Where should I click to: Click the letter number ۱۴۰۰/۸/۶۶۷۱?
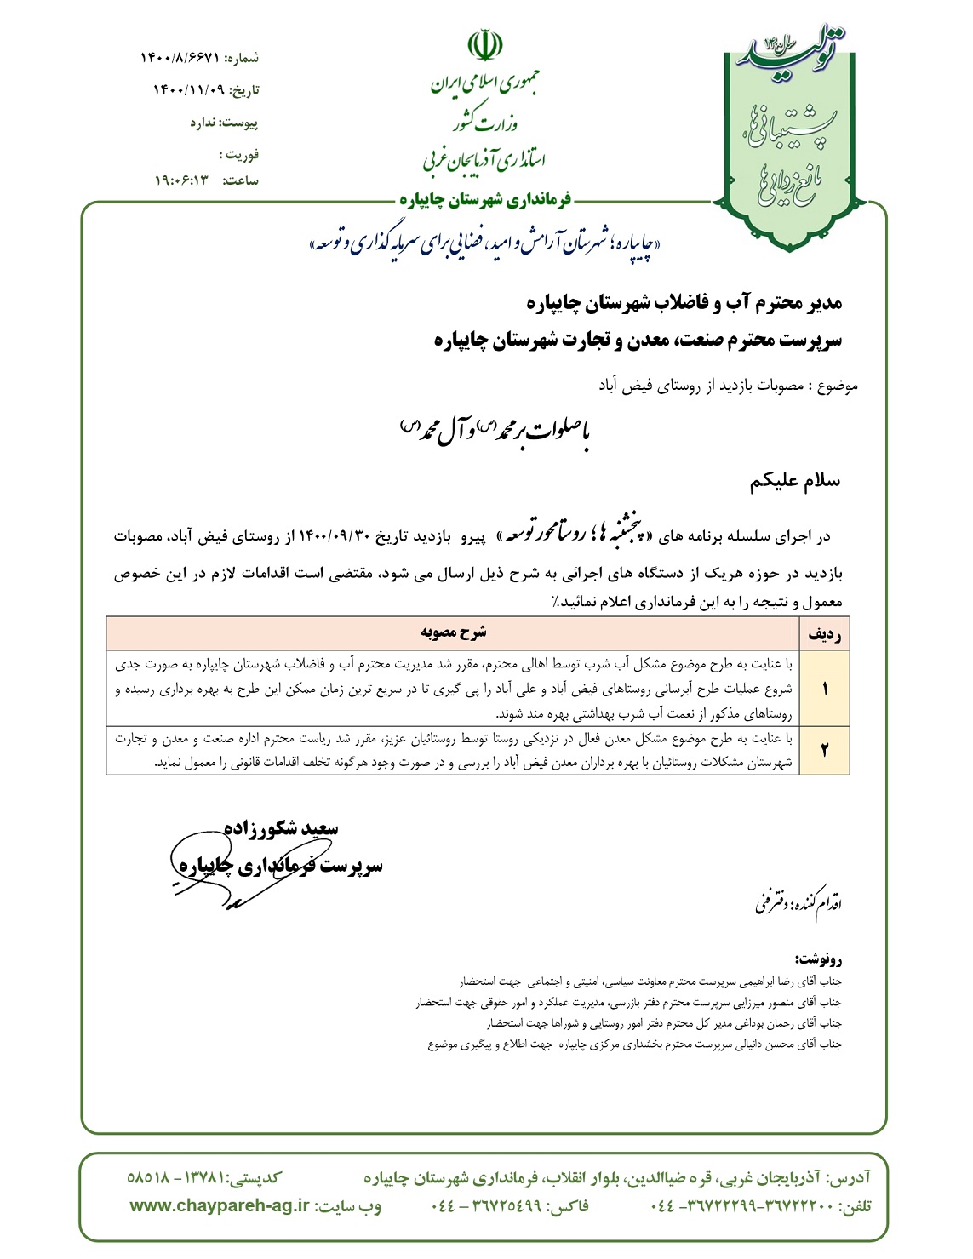tap(180, 58)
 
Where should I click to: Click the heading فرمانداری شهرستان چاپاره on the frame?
tap(486, 201)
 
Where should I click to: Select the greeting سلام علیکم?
tap(794, 481)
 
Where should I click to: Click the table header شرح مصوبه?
tap(453, 632)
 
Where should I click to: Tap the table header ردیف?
tap(825, 634)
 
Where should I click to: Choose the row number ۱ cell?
tap(825, 688)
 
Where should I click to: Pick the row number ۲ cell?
tap(825, 750)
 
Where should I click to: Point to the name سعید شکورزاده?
tap(282, 828)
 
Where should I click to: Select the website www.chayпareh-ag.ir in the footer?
tap(220, 1205)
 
